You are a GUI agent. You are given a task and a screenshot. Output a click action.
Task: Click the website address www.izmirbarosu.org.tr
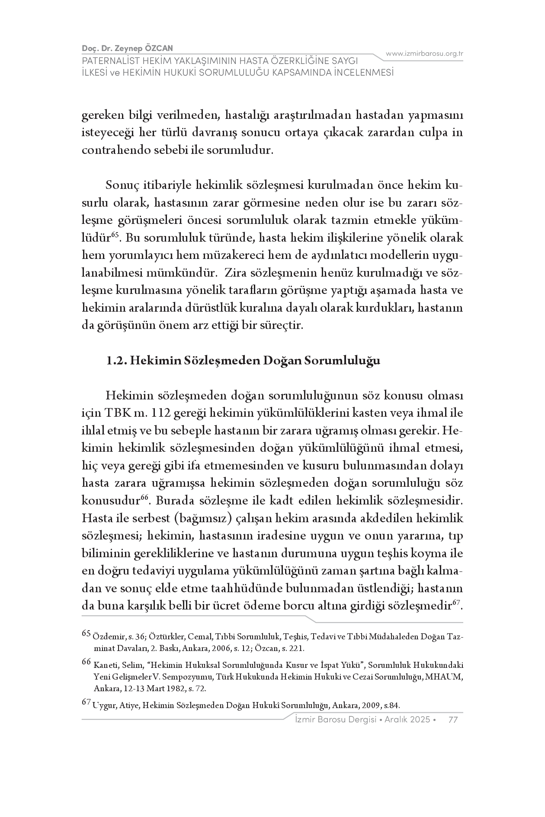(424, 54)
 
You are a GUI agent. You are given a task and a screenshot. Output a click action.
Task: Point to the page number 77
(453, 719)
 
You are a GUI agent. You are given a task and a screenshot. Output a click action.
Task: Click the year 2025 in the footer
(420, 719)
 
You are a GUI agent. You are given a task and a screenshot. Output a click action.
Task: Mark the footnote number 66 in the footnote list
(87, 662)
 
